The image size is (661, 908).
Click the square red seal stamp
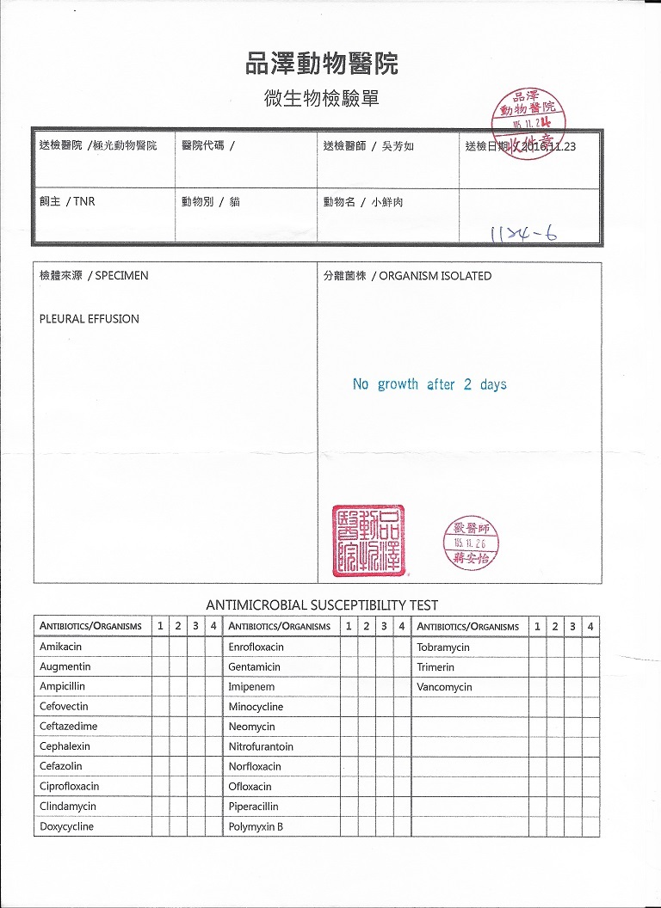pyautogui.click(x=368, y=541)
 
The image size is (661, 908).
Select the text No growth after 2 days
pyautogui.click(x=429, y=384)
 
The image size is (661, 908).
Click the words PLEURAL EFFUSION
pyautogui.click(x=90, y=319)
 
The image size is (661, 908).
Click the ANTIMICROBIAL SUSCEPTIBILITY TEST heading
pyautogui.click(x=322, y=604)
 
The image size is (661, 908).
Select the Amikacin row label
pyautogui.click(x=60, y=647)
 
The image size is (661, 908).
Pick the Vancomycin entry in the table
pyautogui.click(x=444, y=687)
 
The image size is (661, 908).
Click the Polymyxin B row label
pyautogui.click(x=256, y=827)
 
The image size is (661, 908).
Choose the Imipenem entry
pyautogui.click(x=252, y=687)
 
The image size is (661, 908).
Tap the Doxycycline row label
pyautogui.click(x=66, y=827)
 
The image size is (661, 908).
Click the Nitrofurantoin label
pyautogui.click(x=261, y=746)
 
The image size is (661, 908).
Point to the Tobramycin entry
pyautogui.click(x=443, y=647)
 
